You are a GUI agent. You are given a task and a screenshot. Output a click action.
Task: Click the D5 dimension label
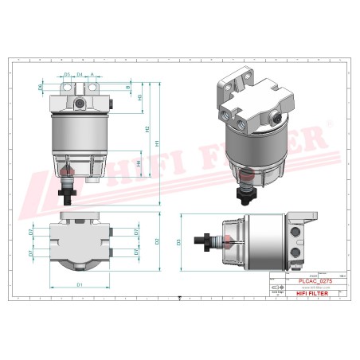click(x=68, y=74)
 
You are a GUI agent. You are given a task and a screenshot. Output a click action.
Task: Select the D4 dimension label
click(x=80, y=74)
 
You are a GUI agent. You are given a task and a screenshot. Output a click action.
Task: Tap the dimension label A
click(x=93, y=74)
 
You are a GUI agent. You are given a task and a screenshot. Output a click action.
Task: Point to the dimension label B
click(x=128, y=85)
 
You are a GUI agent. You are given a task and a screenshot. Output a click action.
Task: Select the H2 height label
click(x=147, y=127)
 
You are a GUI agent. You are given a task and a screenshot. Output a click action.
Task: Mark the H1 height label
click(x=157, y=143)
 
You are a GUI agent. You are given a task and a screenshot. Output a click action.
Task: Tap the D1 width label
click(x=80, y=284)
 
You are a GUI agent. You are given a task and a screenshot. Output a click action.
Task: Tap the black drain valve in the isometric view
click(x=248, y=192)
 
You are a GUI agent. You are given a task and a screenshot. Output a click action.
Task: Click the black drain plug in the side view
click(x=209, y=240)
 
